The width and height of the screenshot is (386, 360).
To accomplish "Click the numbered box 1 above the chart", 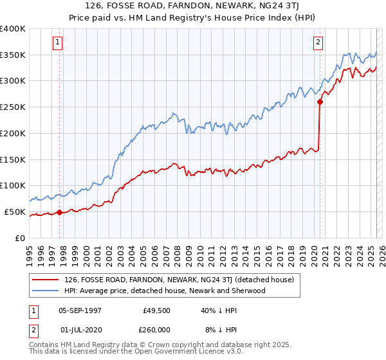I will [x=57, y=43].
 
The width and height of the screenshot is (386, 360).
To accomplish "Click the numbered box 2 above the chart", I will [x=318, y=43].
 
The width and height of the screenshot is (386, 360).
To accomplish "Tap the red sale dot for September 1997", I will [x=60, y=212].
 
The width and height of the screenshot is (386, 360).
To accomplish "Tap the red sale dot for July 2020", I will [x=320, y=101].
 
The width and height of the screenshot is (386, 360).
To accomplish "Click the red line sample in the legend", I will [x=44, y=280].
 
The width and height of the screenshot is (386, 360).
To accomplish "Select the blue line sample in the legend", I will [x=44, y=291].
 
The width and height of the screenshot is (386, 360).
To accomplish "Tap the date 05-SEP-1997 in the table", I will [x=80, y=310].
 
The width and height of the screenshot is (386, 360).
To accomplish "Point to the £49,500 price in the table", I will [x=156, y=310].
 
